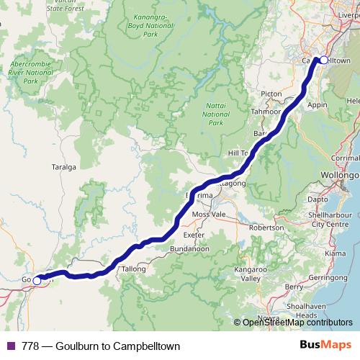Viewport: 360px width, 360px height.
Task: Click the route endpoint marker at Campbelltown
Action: (x=323, y=60)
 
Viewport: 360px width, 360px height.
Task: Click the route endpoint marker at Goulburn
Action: (x=37, y=281)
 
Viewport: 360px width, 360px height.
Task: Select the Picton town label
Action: (x=272, y=94)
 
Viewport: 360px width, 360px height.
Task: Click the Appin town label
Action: (x=318, y=104)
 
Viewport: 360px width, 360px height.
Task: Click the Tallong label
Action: (x=135, y=269)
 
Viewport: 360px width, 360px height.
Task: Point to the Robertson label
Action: (x=266, y=228)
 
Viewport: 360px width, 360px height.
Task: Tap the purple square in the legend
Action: (x=10, y=346)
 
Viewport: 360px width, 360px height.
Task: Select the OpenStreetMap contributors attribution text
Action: (x=297, y=323)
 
